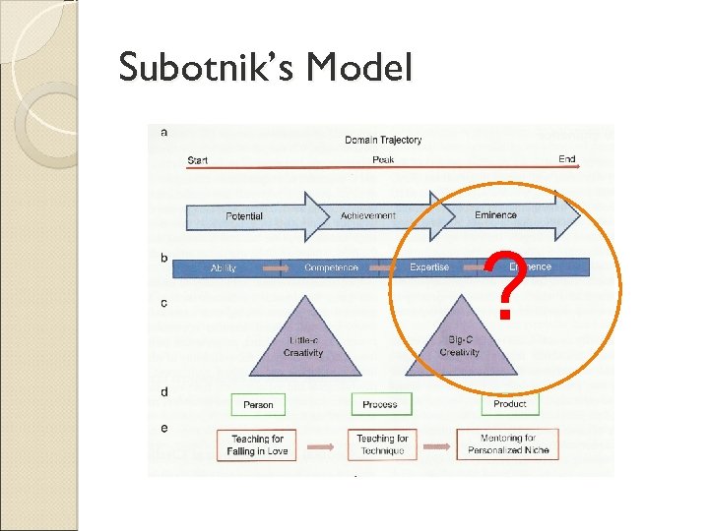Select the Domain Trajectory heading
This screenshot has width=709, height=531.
click(x=383, y=140)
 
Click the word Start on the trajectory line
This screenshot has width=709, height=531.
click(x=197, y=160)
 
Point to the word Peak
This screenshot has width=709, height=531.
click(x=383, y=159)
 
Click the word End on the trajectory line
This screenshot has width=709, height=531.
click(x=567, y=159)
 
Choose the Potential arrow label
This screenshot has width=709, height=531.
click(x=244, y=215)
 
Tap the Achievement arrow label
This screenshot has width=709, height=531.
click(x=368, y=215)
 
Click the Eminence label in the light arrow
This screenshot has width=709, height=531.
click(x=495, y=214)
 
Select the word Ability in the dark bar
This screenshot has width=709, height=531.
click(x=224, y=267)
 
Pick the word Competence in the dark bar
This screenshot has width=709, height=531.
click(x=331, y=267)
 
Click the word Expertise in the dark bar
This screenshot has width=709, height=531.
click(x=429, y=266)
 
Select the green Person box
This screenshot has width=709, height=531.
click(x=258, y=404)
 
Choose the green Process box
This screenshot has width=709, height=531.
click(x=380, y=404)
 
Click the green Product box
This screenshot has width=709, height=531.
click(x=510, y=404)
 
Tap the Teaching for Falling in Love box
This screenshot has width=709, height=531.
click(x=257, y=444)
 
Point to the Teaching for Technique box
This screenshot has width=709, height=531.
click(x=382, y=444)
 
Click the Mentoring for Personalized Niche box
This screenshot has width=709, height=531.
click(x=508, y=443)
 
